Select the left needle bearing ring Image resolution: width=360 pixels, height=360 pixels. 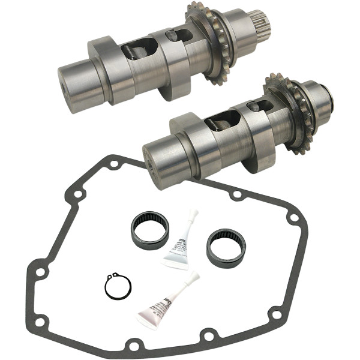tap(150, 228)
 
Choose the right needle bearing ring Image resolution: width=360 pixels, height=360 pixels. tap(226, 247)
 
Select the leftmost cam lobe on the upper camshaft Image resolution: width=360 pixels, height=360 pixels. tap(102, 67)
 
